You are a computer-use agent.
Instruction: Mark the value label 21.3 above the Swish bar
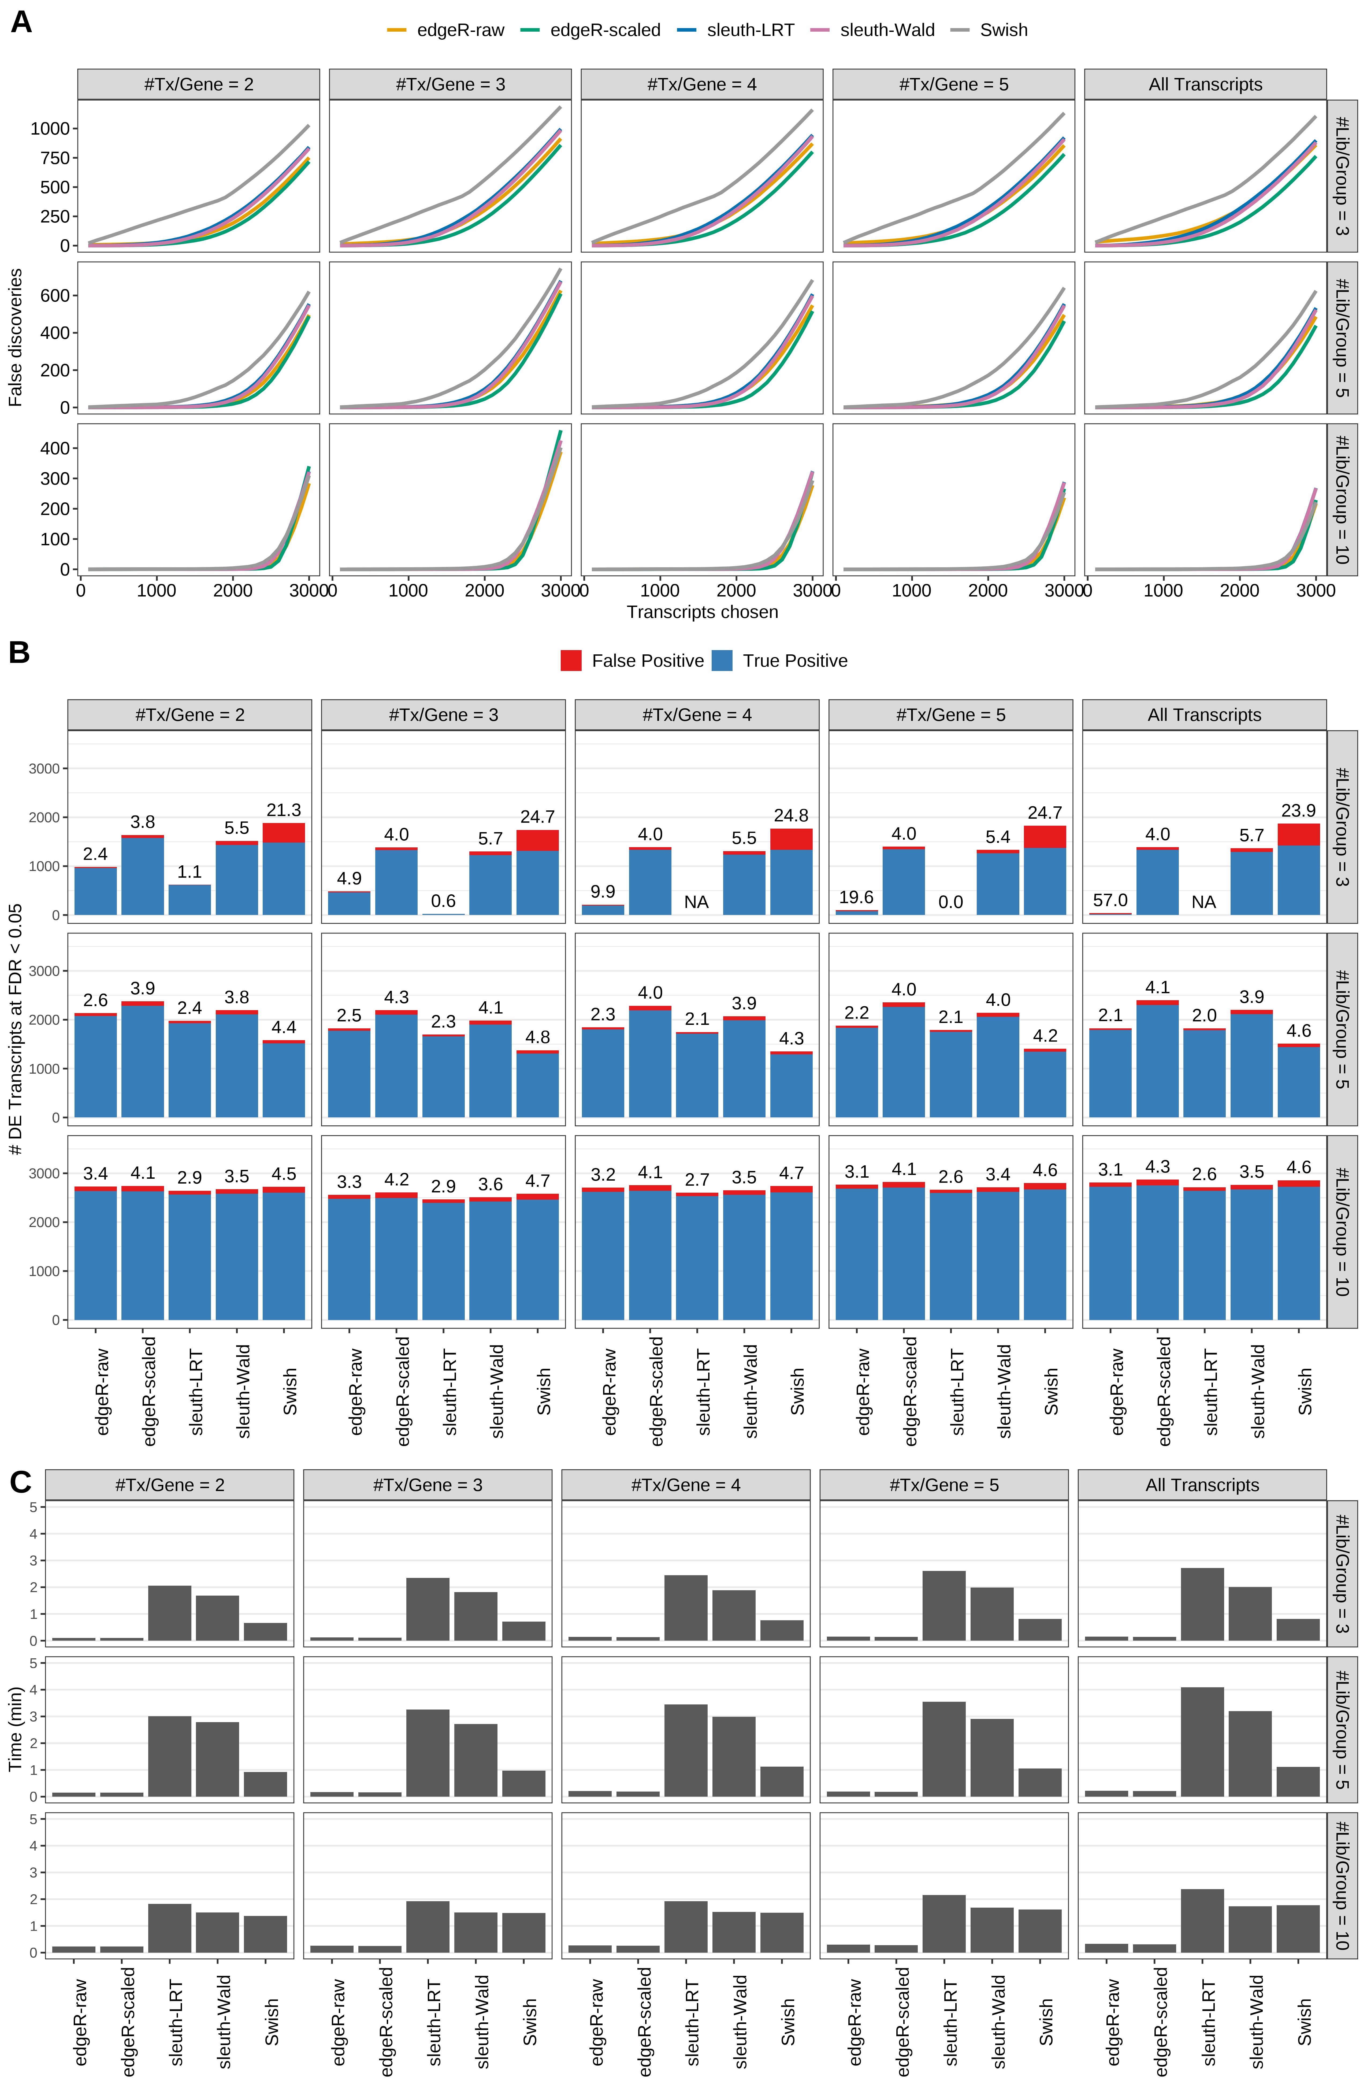click(x=284, y=810)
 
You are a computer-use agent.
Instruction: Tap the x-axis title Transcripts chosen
click(x=702, y=612)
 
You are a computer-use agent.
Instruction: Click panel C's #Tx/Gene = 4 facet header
click(x=685, y=1485)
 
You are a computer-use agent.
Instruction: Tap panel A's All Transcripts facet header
click(x=1205, y=84)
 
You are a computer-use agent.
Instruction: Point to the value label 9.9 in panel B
click(x=603, y=892)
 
